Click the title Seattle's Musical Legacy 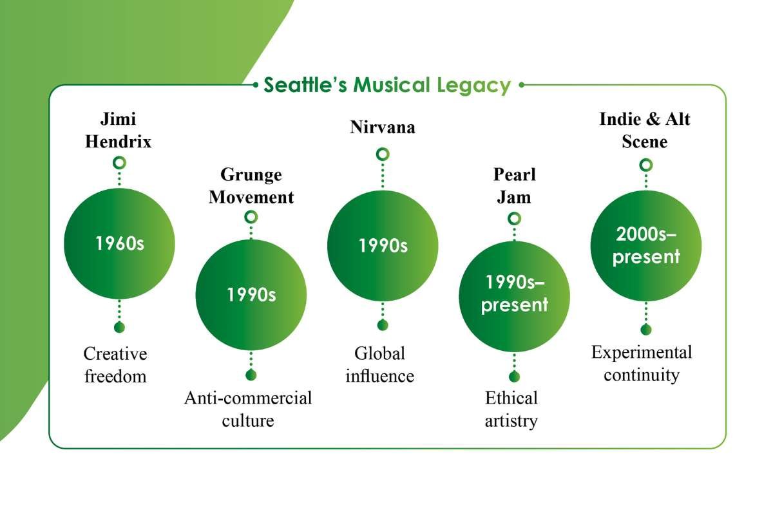[x=388, y=85]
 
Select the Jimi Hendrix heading [x=119, y=130]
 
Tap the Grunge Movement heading [x=251, y=185]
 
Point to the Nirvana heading [x=383, y=127]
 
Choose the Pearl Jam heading [x=514, y=185]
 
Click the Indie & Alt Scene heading [x=645, y=130]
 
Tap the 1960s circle [x=119, y=245]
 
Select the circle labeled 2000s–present [x=645, y=246]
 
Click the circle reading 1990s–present [x=514, y=296]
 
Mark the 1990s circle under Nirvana [x=383, y=246]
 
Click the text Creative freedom [x=115, y=365]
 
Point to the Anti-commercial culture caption [x=248, y=409]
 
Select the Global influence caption [x=379, y=365]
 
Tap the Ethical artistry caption [x=511, y=409]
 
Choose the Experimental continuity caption [x=642, y=364]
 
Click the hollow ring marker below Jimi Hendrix [x=119, y=162]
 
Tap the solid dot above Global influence [x=383, y=324]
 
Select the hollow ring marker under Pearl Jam [x=514, y=218]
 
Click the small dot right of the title [x=521, y=84]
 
